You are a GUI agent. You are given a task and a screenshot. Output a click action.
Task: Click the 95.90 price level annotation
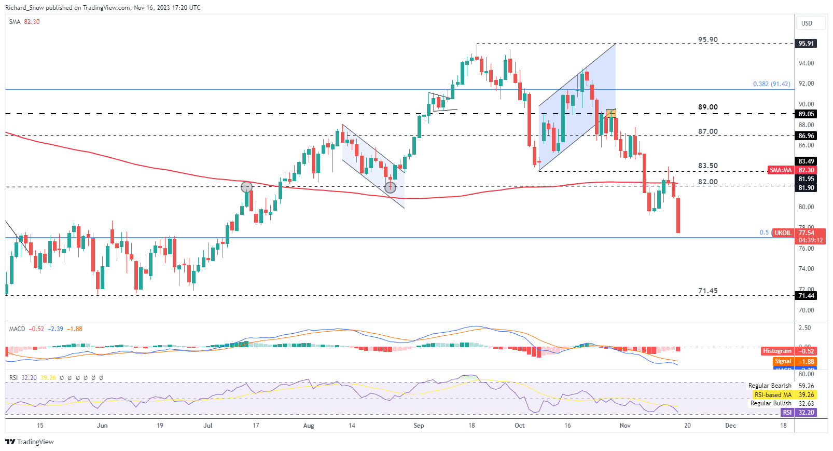pyautogui.click(x=707, y=39)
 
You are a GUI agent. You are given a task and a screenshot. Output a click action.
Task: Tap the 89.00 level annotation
pyautogui.click(x=707, y=107)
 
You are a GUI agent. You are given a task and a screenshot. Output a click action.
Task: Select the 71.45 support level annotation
pyautogui.click(x=707, y=291)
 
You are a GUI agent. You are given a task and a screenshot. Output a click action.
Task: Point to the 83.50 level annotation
pyautogui.click(x=707, y=166)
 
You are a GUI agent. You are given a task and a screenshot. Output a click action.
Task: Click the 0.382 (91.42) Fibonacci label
pyautogui.click(x=771, y=84)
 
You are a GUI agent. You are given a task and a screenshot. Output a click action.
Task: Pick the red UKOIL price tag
pyautogui.click(x=783, y=233)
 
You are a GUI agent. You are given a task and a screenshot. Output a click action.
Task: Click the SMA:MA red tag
pyautogui.click(x=780, y=170)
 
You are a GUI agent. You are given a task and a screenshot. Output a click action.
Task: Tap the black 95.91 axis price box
pyautogui.click(x=806, y=44)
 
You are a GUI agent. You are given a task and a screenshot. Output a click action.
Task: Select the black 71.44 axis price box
pyautogui.click(x=806, y=296)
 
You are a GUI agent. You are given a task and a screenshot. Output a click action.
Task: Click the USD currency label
pyautogui.click(x=807, y=23)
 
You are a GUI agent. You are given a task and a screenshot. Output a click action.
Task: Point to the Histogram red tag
pyautogui.click(x=777, y=351)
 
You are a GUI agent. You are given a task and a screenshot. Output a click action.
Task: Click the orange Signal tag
pyautogui.click(x=783, y=362)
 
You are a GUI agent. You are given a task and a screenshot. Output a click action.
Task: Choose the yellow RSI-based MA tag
pyautogui.click(x=773, y=395)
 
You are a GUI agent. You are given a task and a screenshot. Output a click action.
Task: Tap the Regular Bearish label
pyautogui.click(x=770, y=386)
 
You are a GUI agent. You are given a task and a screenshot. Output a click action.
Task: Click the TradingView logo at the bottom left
pyautogui.click(x=30, y=442)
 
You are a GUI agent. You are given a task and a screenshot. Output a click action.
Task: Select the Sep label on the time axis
pyautogui.click(x=419, y=426)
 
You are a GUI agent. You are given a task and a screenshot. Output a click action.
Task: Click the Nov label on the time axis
pyautogui.click(x=625, y=426)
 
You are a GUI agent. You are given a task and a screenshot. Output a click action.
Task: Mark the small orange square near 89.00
pyautogui.click(x=610, y=113)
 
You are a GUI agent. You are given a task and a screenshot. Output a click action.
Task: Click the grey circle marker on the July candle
pyautogui.click(x=246, y=187)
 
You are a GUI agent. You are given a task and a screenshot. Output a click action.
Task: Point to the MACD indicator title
pyautogui.click(x=17, y=329)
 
